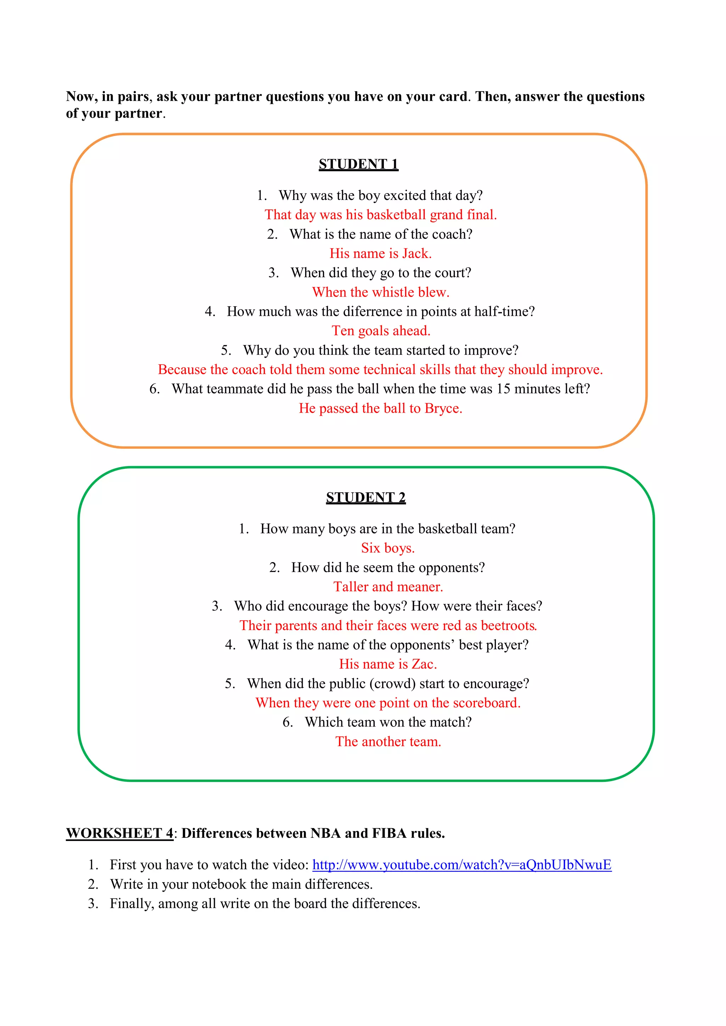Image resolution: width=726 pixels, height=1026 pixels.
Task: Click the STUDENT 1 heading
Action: (x=358, y=164)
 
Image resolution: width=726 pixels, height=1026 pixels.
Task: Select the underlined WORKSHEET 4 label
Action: (x=119, y=834)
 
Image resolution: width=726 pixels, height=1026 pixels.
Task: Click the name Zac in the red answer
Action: (x=423, y=664)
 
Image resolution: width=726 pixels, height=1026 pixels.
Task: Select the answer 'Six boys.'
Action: (x=387, y=548)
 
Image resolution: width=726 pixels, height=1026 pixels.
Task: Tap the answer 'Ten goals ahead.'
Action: (x=381, y=331)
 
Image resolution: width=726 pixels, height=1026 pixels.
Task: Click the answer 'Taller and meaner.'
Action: (x=388, y=587)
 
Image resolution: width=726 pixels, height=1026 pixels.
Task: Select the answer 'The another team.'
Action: (x=388, y=742)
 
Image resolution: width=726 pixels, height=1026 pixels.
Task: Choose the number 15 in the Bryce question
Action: (x=503, y=389)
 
